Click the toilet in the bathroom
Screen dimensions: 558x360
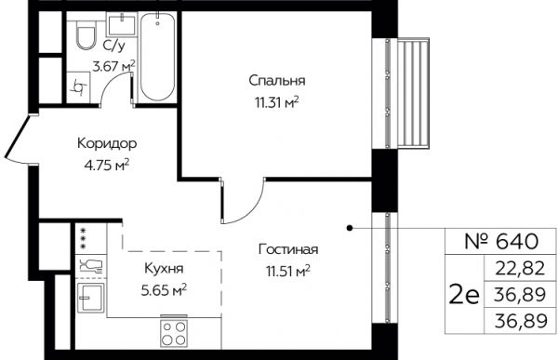pyautogui.click(x=86, y=33)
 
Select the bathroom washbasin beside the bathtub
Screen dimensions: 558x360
pyautogui.click(x=122, y=24)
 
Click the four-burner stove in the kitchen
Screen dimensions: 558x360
pyautogui.click(x=174, y=333)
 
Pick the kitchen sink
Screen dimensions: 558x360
pyautogui.click(x=91, y=298)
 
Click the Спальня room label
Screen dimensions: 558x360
pyautogui.click(x=277, y=81)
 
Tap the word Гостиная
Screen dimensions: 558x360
pyautogui.click(x=288, y=249)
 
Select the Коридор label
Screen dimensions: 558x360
pyautogui.click(x=107, y=143)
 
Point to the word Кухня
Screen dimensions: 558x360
pyautogui.click(x=164, y=269)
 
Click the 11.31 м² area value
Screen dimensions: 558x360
pyautogui.click(x=276, y=103)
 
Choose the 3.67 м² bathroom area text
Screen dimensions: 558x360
pyautogui.click(x=113, y=66)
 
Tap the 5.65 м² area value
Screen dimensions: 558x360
pyautogui.click(x=164, y=291)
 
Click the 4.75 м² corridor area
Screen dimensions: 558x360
pyautogui.click(x=106, y=166)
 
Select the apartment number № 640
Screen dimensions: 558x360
pyautogui.click(x=500, y=242)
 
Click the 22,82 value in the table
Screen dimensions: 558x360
pyautogui.click(x=520, y=268)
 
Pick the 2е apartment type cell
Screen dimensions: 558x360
pyautogui.click(x=464, y=296)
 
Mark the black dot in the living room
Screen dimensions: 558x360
pyautogui.click(x=350, y=228)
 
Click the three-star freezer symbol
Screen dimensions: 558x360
pyautogui.click(x=84, y=238)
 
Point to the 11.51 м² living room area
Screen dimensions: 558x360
pyautogui.click(x=288, y=272)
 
